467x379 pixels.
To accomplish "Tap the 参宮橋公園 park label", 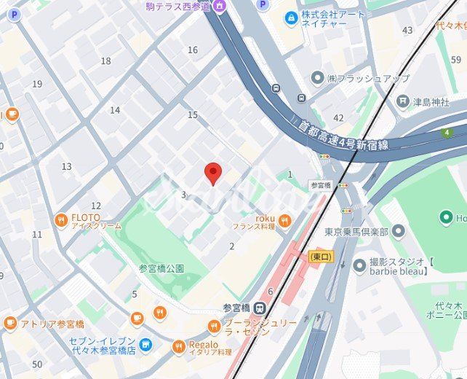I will click(x=161, y=267).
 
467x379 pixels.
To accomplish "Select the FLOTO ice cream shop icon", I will click(x=62, y=219).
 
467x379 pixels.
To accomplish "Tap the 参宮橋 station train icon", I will click(x=260, y=308).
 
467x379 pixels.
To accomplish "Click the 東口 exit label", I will click(x=319, y=257).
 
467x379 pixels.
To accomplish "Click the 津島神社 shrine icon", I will click(x=403, y=101).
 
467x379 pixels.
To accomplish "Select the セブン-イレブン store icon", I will click(x=146, y=344).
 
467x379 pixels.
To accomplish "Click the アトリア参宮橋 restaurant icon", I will click(x=10, y=323).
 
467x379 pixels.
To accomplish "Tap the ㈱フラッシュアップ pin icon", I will click(x=317, y=77).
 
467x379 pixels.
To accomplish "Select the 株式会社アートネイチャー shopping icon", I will click(x=291, y=17).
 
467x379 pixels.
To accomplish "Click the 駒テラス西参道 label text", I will click(x=177, y=7).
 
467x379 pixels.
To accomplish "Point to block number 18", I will click(x=106, y=61).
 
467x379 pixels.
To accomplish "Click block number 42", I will click(x=338, y=117).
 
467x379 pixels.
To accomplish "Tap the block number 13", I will click(x=67, y=167).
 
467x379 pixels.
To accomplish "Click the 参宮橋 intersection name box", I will click(x=320, y=185).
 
